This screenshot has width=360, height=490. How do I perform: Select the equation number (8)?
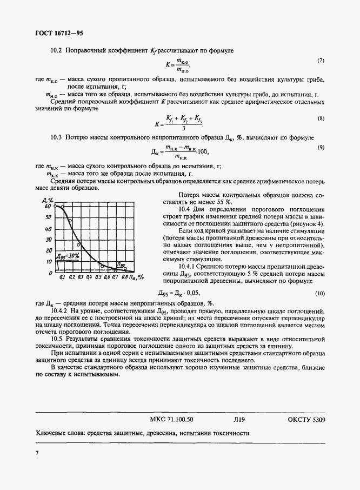click(320, 118)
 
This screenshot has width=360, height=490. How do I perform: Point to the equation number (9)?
click(320, 147)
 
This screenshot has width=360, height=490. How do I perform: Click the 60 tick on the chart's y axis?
click(48, 206)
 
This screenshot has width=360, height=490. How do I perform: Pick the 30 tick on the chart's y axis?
click(48, 240)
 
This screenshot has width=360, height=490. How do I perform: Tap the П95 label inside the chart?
click(122, 264)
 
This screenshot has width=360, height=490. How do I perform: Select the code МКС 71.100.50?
click(171, 419)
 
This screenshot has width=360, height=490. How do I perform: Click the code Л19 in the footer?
click(239, 419)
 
